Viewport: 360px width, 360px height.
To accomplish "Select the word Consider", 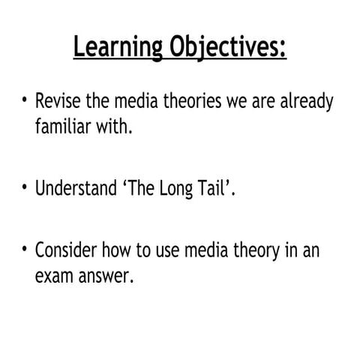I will coord(66,250).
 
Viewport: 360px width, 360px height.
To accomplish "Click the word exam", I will coord(52,276).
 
